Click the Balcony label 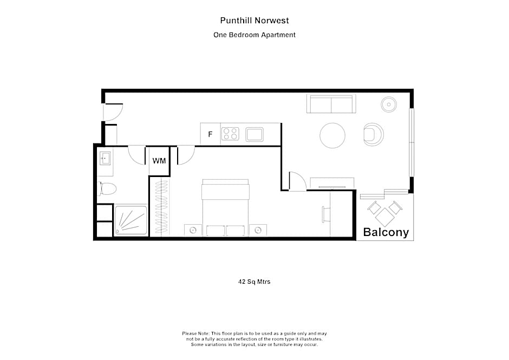[x=386, y=233]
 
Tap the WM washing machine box [x=159, y=161]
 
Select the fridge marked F [x=210, y=134]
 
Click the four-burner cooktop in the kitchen [x=230, y=134]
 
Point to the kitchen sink [x=254, y=134]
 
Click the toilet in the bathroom [x=108, y=189]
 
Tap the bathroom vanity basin [x=105, y=159]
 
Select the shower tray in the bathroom [x=130, y=220]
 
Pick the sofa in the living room [x=331, y=103]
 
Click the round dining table [x=332, y=135]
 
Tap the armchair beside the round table [x=373, y=134]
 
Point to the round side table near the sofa [x=389, y=104]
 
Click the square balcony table [x=385, y=218]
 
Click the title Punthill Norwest [x=255, y=21]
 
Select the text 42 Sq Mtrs [x=255, y=282]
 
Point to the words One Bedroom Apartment [x=255, y=35]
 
